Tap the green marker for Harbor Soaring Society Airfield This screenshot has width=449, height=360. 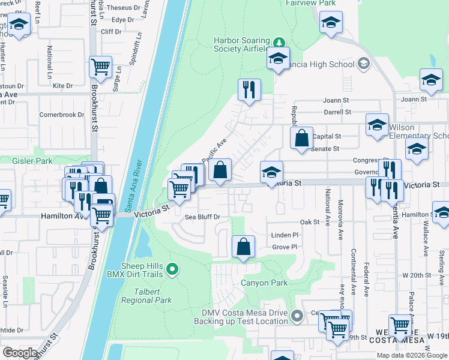[x=279, y=43]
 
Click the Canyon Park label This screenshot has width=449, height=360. [x=264, y=283]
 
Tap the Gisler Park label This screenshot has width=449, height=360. [x=32, y=161]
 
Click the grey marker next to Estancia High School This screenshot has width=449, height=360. [x=363, y=63]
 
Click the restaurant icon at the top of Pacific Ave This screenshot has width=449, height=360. [x=249, y=90]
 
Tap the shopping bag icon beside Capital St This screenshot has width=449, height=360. [x=301, y=137]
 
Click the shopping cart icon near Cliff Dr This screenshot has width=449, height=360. [x=101, y=67]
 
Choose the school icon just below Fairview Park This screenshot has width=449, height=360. [x=330, y=23]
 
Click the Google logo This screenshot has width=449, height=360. [x=20, y=353]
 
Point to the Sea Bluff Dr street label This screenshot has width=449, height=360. [x=202, y=217]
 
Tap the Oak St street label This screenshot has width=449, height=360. [x=309, y=222]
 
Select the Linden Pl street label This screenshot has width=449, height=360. [x=285, y=235]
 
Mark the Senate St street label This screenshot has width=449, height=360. [x=328, y=148]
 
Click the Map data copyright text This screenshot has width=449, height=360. [x=411, y=355]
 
